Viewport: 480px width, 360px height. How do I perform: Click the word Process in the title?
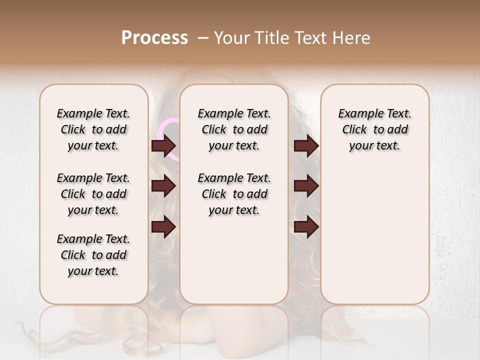[154, 38]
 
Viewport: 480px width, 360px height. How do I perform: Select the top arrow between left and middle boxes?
[163, 146]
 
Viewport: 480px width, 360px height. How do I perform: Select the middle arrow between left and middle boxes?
[163, 186]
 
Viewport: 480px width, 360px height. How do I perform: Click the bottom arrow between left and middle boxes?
[163, 226]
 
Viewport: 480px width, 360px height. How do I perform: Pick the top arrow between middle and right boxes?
[306, 146]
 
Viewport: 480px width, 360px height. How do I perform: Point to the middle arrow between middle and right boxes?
[306, 186]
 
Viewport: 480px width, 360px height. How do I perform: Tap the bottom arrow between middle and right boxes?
[306, 226]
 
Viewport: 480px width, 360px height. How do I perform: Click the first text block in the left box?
[93, 129]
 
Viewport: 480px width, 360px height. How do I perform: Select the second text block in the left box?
[93, 194]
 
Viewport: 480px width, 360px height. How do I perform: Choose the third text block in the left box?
[93, 255]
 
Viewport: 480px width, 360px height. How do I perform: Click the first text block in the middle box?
[234, 129]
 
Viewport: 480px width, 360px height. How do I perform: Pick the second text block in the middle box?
[234, 194]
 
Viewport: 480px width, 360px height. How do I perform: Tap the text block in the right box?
[375, 129]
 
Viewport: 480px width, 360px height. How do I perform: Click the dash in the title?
[203, 38]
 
